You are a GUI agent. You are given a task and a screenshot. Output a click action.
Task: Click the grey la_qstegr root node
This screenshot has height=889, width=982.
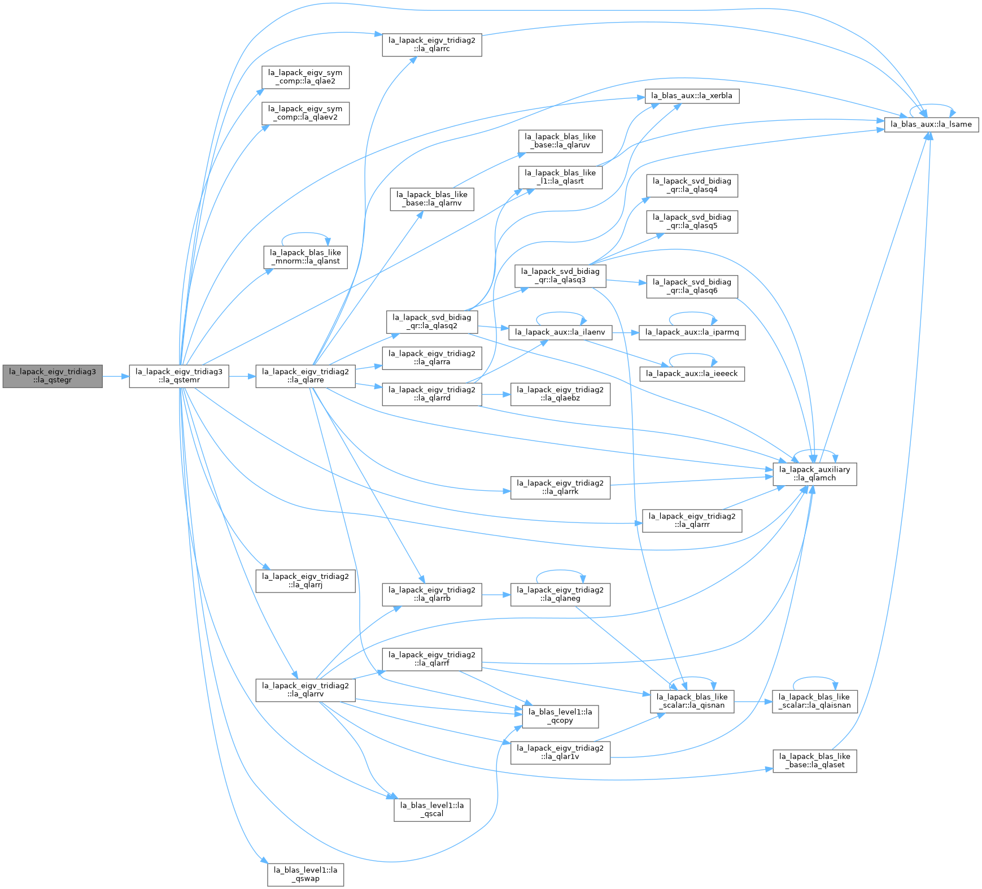click(53, 376)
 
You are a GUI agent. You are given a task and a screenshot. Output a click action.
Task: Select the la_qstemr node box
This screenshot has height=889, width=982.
click(179, 376)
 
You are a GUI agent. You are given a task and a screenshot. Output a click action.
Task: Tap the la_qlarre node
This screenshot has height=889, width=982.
click(305, 376)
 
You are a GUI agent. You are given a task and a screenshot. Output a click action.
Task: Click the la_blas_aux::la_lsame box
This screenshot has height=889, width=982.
click(931, 124)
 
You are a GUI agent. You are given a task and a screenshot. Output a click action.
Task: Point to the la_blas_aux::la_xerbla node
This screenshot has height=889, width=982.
click(692, 95)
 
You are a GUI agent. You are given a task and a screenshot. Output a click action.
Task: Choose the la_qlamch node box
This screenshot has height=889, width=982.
click(814, 474)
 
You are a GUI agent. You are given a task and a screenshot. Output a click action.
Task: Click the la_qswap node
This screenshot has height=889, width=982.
click(305, 874)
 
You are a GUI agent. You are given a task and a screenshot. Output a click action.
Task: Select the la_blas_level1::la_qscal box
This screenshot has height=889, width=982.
click(432, 810)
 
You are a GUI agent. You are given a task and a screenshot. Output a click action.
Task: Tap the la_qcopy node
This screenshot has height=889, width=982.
click(560, 716)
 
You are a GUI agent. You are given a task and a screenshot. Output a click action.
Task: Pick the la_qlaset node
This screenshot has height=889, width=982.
click(814, 761)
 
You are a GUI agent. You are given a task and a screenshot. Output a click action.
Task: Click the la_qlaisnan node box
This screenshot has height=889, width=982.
click(814, 701)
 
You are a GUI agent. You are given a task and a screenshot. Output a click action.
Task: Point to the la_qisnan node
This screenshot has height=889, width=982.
click(692, 701)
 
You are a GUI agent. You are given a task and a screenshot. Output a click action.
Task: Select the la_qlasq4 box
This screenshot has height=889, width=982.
click(692, 185)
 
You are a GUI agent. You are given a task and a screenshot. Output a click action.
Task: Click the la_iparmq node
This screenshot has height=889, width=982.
click(692, 332)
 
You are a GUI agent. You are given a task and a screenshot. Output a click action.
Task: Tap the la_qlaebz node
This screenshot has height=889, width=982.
click(560, 394)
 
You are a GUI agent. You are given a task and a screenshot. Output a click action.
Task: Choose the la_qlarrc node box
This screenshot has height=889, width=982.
click(432, 44)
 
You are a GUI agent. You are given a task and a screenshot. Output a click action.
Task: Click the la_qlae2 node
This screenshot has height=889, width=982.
click(305, 77)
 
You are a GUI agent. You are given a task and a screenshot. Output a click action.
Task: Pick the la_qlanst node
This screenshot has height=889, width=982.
click(305, 257)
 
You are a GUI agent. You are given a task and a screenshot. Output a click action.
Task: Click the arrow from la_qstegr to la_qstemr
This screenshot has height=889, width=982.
click(116, 376)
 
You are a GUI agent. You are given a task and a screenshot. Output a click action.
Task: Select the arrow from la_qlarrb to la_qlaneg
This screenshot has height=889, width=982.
click(496, 594)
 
